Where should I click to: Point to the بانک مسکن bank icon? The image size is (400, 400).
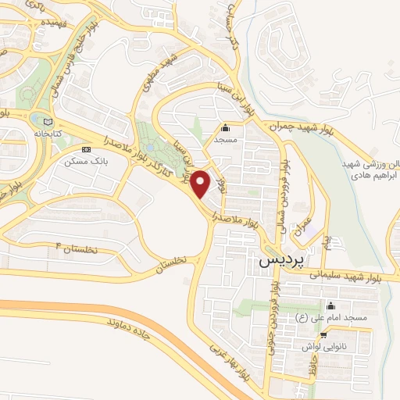coord(86,148)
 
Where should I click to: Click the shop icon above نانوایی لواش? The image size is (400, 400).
coord(345,334)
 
